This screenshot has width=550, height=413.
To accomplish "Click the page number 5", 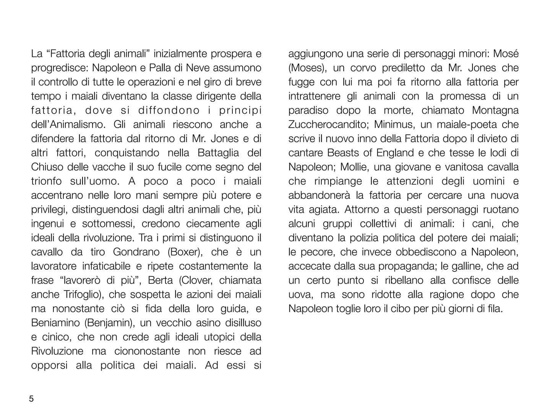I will click(31, 399).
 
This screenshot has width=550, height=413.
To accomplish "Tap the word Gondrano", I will click(136, 252).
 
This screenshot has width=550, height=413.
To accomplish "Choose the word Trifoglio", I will click(86, 294).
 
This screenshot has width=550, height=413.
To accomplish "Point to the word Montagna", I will click(495, 111).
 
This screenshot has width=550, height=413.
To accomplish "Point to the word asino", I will click(208, 323).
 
